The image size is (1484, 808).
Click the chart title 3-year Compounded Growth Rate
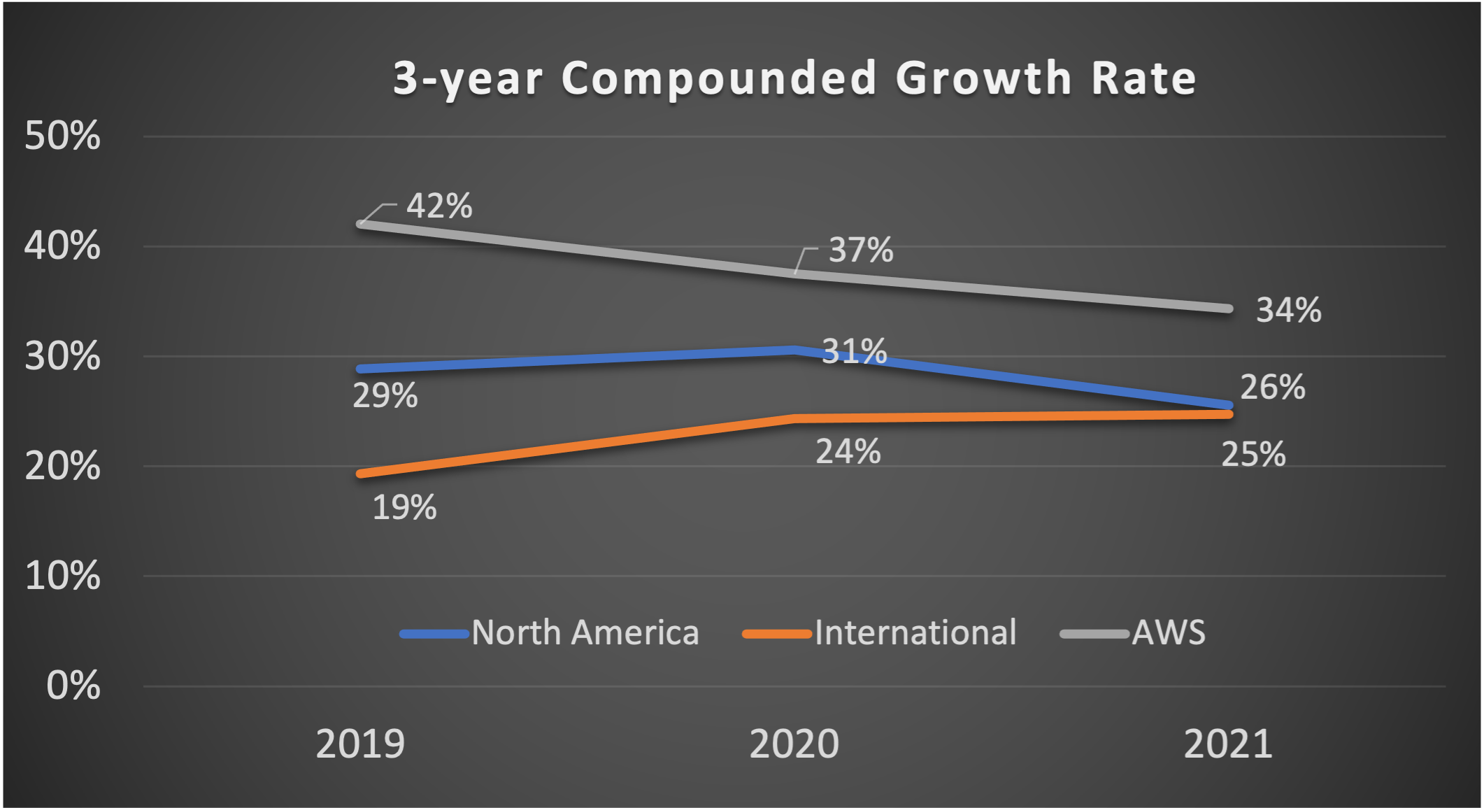tap(794, 78)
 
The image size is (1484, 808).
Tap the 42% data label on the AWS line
tap(439, 206)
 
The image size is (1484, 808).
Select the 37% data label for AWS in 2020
tap(861, 250)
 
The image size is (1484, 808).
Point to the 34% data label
tap(1288, 310)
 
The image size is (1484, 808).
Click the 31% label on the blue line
tap(854, 351)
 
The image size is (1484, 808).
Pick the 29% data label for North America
tap(385, 396)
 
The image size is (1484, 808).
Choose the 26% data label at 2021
tap(1272, 388)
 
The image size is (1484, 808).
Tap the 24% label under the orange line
tap(848, 452)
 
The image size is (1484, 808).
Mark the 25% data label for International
tap(1253, 455)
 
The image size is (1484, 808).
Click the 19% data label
tap(404, 508)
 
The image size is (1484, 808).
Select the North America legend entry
tap(550, 633)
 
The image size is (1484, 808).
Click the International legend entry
tap(880, 633)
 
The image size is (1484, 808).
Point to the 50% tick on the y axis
tap(62, 136)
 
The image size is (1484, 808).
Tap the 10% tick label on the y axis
tap(62, 576)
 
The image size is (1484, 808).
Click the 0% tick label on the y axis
tap(73, 686)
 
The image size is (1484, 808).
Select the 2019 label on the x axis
tap(360, 744)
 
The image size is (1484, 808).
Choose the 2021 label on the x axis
tap(1228, 744)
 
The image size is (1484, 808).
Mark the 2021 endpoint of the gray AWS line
tap(1229, 309)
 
